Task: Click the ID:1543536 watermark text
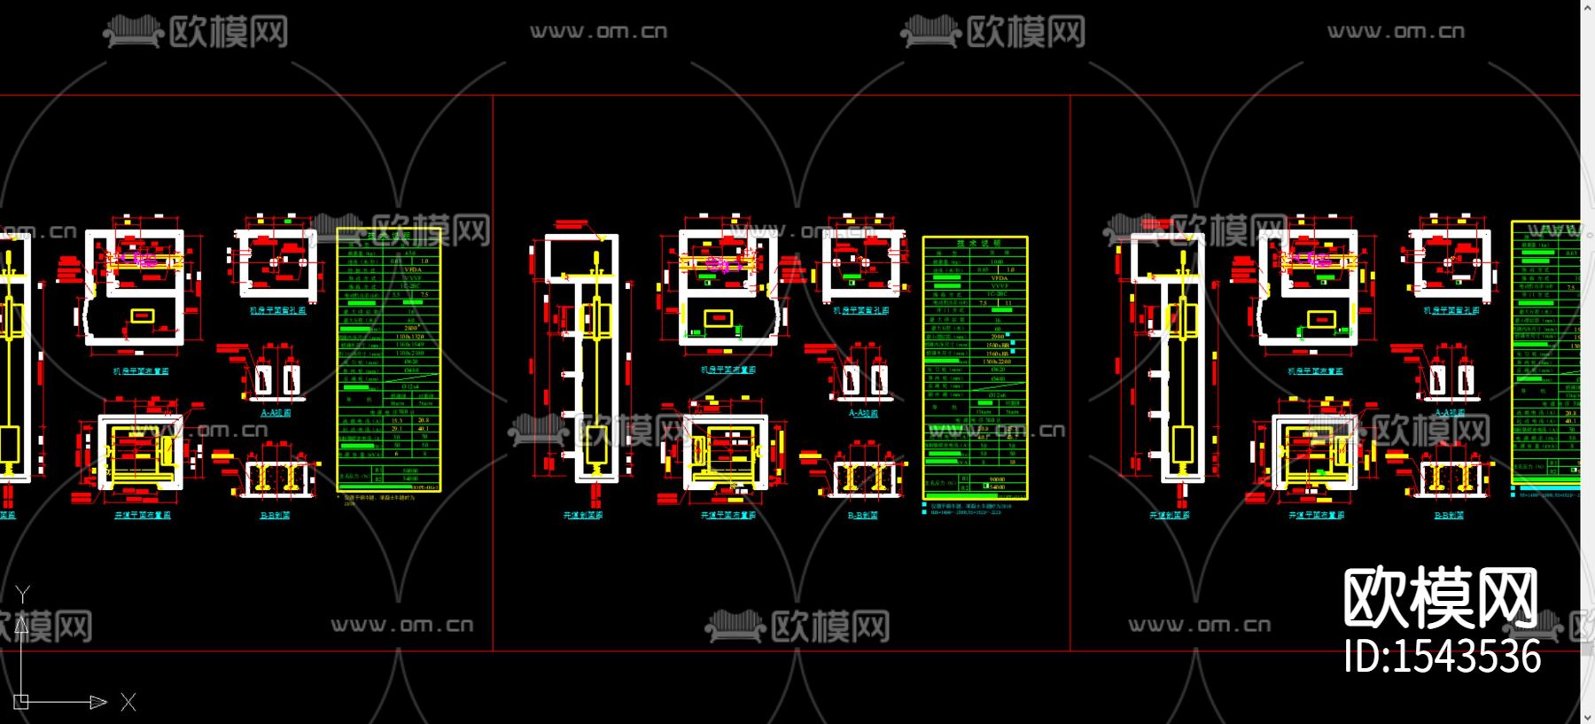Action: [1442, 657]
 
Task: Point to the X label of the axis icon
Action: [128, 703]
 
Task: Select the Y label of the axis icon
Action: [23, 594]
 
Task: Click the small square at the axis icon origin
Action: [21, 702]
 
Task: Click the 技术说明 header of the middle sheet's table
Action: [976, 243]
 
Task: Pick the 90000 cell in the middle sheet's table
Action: [996, 479]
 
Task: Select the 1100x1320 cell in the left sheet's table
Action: [409, 337]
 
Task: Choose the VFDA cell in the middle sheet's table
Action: [999, 278]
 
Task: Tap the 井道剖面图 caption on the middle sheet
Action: [583, 515]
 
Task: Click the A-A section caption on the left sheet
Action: [276, 413]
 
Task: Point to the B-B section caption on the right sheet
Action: [1449, 515]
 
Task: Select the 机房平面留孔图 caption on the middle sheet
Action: [860, 311]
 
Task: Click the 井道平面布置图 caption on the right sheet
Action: [1316, 515]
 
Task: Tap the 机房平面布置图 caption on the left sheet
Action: [141, 371]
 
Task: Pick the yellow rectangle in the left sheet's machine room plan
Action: [142, 315]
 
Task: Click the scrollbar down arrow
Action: [1587, 715]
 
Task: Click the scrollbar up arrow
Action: [1587, 8]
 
